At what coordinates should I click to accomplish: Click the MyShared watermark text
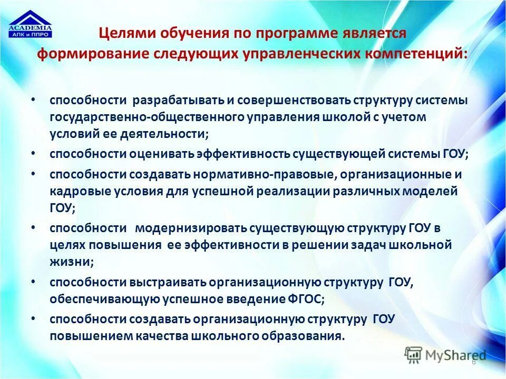(x=456, y=355)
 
